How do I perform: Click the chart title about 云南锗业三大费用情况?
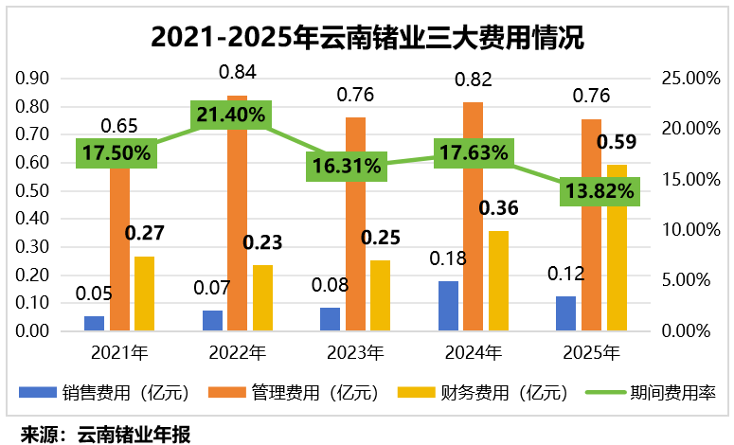pyautogui.click(x=367, y=37)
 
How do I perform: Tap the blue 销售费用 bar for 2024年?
pyautogui.click(x=449, y=307)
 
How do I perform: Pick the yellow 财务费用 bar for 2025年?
pyautogui.click(x=617, y=248)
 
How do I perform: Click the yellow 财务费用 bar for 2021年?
pyautogui.click(x=144, y=294)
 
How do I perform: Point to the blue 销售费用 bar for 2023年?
pyautogui.click(x=331, y=320)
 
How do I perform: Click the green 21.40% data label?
pyautogui.click(x=232, y=116)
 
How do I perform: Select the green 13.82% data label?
pyautogui.click(x=599, y=191)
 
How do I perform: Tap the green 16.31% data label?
pyautogui.click(x=346, y=167)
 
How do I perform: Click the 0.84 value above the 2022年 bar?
pyautogui.click(x=236, y=72)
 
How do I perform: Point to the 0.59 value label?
pyautogui.click(x=617, y=143)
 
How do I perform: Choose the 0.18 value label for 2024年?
pyautogui.click(x=449, y=258)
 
